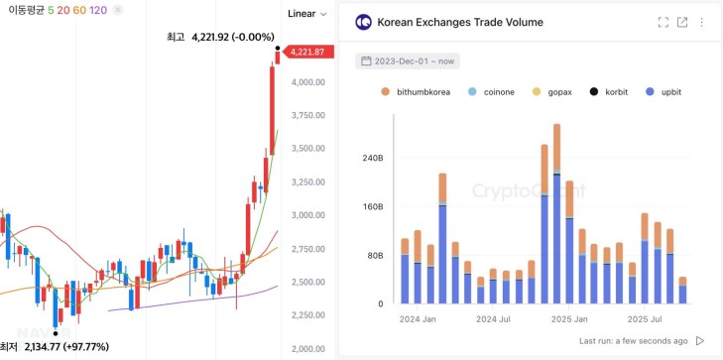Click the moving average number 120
(98, 10)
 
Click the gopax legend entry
(555, 92)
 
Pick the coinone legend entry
(496, 92)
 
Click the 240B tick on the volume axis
(371, 158)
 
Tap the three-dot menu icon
(703, 22)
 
